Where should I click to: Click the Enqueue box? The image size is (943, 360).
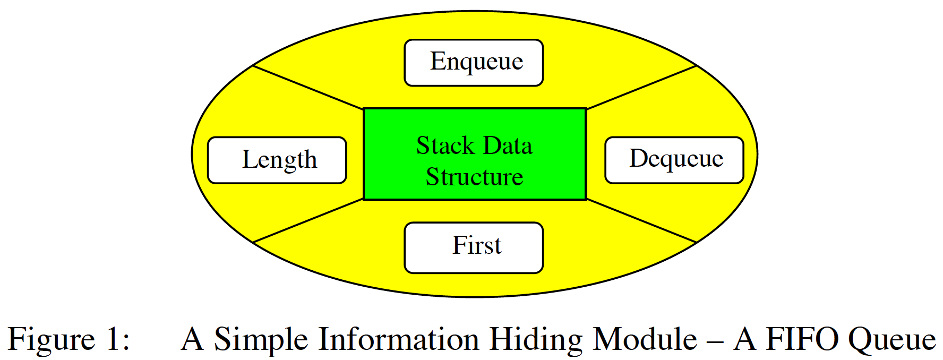point(474,63)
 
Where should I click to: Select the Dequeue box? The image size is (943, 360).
point(674,160)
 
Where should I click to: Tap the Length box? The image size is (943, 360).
point(277,160)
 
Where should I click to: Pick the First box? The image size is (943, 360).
point(474,247)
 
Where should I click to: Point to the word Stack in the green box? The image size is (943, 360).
point(445,145)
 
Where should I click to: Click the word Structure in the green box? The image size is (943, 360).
point(474,177)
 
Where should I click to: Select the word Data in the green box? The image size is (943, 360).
point(508,145)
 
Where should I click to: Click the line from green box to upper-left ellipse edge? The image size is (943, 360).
point(308,87)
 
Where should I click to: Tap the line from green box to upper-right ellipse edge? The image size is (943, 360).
point(641,87)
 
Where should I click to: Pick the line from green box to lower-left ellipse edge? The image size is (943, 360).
point(308,221)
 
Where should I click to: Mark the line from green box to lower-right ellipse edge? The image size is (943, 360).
point(641,221)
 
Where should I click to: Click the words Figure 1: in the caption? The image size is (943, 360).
point(69,340)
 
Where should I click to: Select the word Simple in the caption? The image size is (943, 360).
point(261,340)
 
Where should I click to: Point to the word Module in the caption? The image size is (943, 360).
point(645,340)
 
